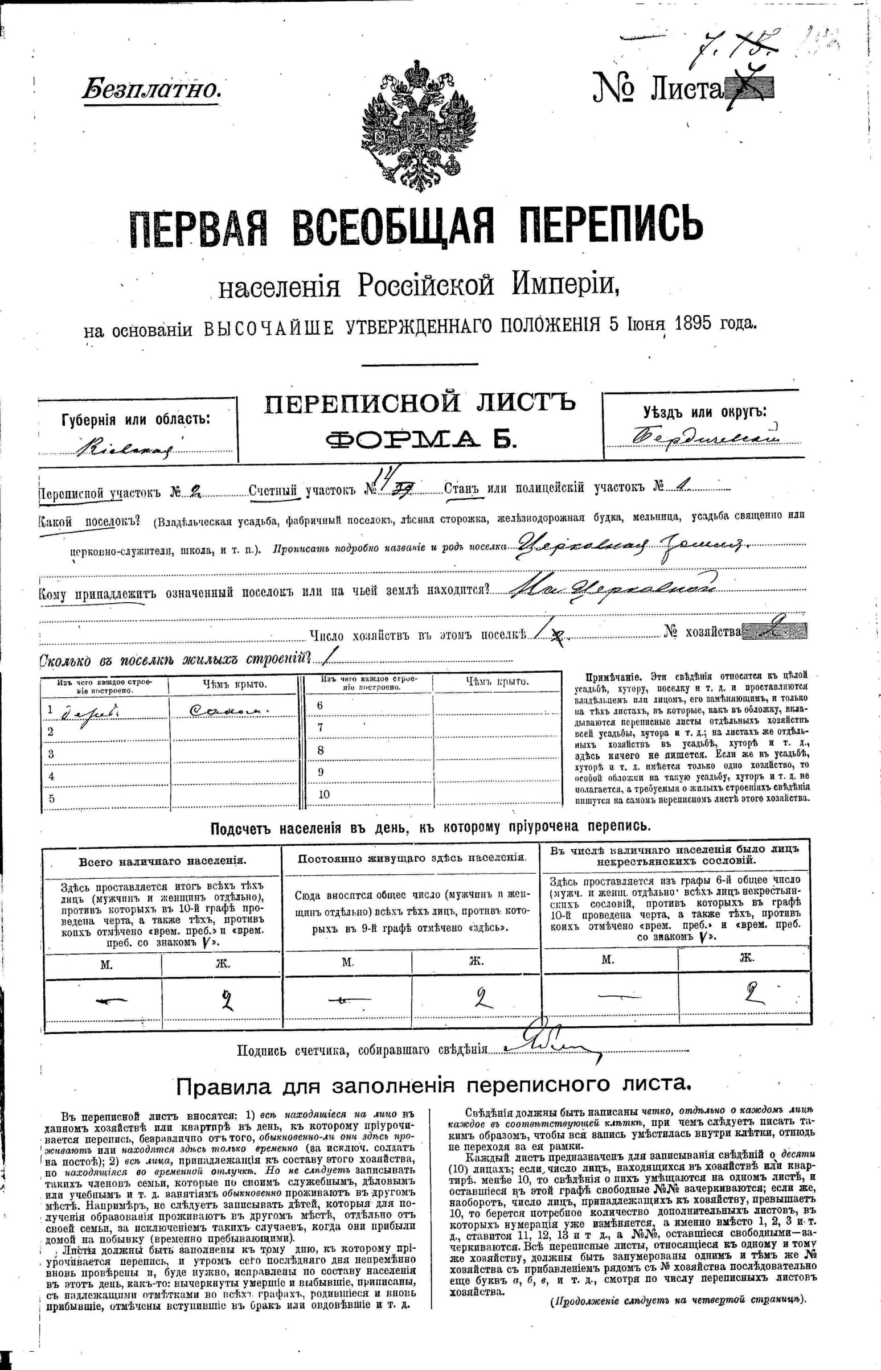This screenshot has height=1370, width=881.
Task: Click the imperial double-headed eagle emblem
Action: pyautogui.click(x=419, y=126)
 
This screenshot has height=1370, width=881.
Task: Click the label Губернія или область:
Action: pyautogui.click(x=136, y=419)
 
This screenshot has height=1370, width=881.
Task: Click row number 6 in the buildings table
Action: pyautogui.click(x=321, y=706)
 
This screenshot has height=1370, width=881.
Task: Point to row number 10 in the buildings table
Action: pyautogui.click(x=324, y=794)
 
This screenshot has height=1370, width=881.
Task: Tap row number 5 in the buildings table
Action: pyautogui.click(x=51, y=799)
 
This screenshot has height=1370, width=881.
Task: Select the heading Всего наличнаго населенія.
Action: pyautogui.click(x=162, y=861)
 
